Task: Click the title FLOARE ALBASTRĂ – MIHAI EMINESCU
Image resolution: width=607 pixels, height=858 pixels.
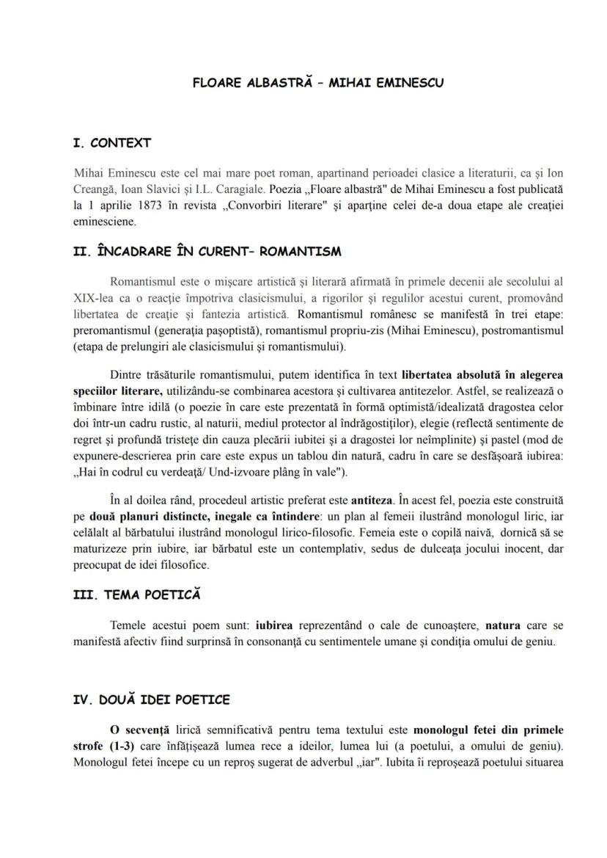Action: [317, 83]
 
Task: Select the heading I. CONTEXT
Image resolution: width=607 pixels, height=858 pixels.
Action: [111, 143]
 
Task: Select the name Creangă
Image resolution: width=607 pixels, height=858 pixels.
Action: [95, 189]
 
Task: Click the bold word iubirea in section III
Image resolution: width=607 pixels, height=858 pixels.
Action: [274, 625]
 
